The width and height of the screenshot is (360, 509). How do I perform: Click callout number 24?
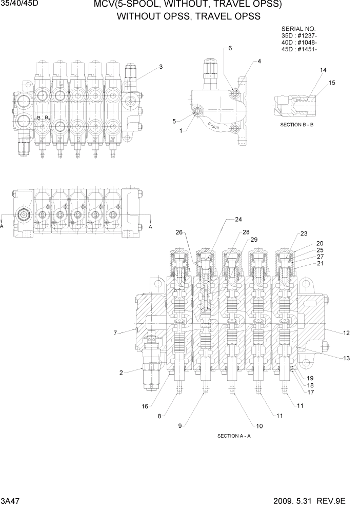(x=238, y=220)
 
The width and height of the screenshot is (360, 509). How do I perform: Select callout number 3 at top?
(x=161, y=67)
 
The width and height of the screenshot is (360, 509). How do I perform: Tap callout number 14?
(x=323, y=70)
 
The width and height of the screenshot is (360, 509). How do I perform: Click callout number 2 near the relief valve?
(x=121, y=373)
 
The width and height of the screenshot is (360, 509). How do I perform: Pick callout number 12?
(x=347, y=334)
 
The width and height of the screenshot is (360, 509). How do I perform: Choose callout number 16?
(x=145, y=406)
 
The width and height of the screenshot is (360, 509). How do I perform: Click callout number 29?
(x=253, y=240)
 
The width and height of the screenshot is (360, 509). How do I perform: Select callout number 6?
(x=230, y=48)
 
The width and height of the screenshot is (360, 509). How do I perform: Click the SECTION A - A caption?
(x=234, y=436)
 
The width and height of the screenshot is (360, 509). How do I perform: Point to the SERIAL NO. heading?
(x=299, y=29)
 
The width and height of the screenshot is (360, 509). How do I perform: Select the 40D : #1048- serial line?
(x=299, y=43)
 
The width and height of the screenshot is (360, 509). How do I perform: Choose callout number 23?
(x=304, y=234)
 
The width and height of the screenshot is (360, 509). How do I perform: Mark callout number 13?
(x=347, y=358)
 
